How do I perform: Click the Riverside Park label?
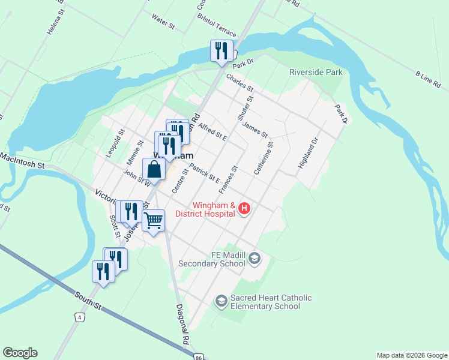(316, 72)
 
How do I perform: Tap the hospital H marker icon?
(244, 209)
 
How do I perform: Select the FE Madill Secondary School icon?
(255, 259)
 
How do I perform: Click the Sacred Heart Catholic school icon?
(221, 299)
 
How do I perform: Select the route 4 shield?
(79, 316)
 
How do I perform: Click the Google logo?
(20, 353)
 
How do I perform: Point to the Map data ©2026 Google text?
(412, 355)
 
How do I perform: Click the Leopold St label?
(115, 143)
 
